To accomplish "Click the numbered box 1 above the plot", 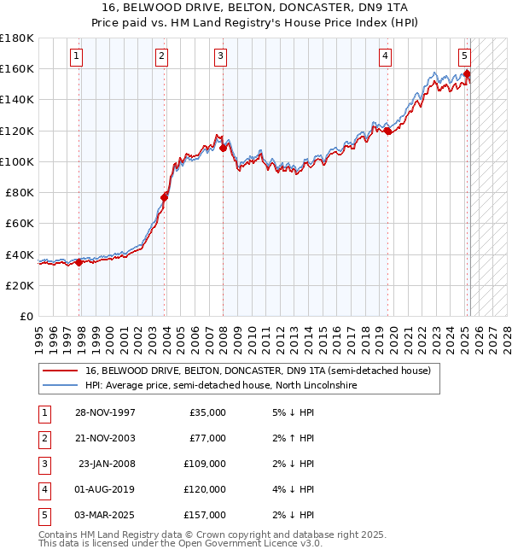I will point(77,56).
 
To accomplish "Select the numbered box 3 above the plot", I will point(220,56).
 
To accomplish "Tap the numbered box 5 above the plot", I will point(464,56).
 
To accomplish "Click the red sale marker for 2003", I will point(165,197).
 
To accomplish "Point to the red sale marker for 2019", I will point(387,131).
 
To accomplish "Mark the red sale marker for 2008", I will point(223,148).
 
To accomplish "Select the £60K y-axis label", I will point(20,224).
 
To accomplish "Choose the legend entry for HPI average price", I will point(221,386).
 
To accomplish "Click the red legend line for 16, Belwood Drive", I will point(60,371).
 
